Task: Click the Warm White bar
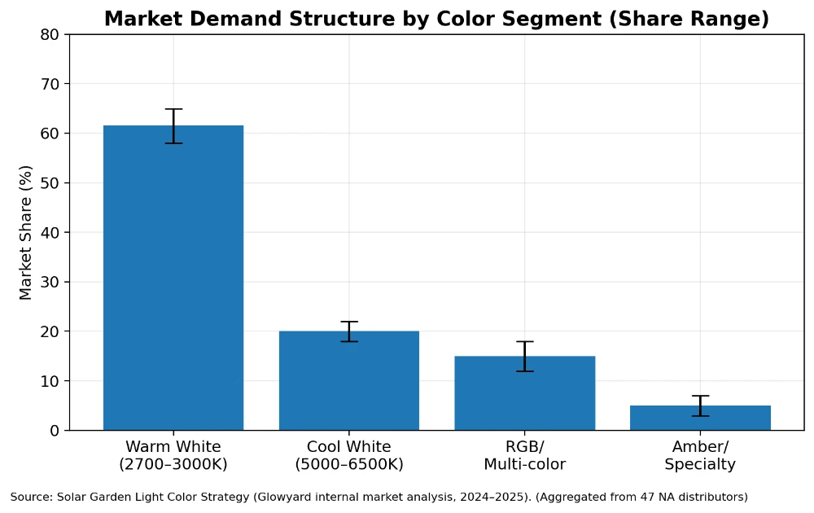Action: (173, 278)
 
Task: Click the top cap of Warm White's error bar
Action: (173, 109)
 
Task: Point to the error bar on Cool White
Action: (348, 331)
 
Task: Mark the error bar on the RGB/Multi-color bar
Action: (524, 356)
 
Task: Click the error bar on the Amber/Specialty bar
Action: (700, 406)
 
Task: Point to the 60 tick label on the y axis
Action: (50, 134)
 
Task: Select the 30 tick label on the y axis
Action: (50, 282)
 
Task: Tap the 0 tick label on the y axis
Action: (54, 431)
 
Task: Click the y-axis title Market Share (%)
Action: (26, 232)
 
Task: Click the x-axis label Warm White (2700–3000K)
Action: (173, 456)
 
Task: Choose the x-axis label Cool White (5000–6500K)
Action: (348, 456)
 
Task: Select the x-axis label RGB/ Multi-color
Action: (524, 456)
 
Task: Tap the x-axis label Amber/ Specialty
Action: (700, 456)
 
